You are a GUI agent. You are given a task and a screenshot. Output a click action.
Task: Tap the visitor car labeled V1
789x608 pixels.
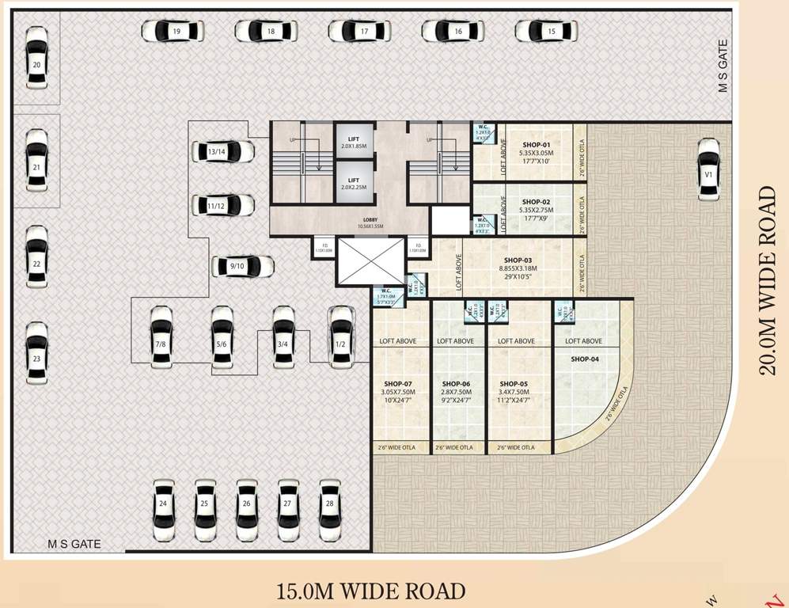[x=708, y=169]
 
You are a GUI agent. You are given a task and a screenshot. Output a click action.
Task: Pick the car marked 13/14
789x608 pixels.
[x=222, y=151]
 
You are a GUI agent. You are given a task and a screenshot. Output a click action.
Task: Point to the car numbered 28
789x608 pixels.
[x=330, y=510]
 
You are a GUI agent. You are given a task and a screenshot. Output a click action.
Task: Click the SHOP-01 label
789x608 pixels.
[x=536, y=145]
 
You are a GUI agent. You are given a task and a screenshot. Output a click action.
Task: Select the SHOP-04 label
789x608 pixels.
[x=584, y=359]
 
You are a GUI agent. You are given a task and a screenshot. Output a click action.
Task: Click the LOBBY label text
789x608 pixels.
[x=371, y=219]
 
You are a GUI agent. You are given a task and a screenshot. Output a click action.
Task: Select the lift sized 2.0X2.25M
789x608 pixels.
[x=354, y=184]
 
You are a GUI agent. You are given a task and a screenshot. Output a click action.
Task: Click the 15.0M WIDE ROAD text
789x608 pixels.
[x=370, y=591]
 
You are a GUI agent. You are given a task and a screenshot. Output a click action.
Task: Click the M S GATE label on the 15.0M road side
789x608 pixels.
[x=74, y=545]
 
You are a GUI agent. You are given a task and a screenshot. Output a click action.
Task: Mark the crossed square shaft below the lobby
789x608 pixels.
[x=370, y=260]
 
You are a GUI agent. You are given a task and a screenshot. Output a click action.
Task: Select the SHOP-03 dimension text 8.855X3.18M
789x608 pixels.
[x=518, y=268]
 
